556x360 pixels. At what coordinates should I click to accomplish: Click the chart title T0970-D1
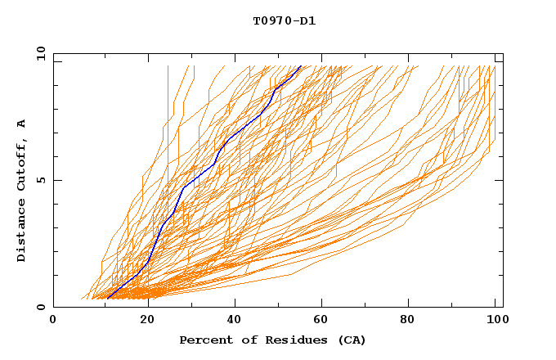(284, 20)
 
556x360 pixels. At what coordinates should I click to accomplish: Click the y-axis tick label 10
(40, 53)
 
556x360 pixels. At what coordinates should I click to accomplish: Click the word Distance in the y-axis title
(22, 232)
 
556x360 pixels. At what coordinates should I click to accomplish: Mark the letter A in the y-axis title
(22, 123)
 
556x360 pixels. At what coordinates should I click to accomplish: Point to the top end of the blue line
(301, 65)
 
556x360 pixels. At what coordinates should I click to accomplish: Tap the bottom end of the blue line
(109, 297)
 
